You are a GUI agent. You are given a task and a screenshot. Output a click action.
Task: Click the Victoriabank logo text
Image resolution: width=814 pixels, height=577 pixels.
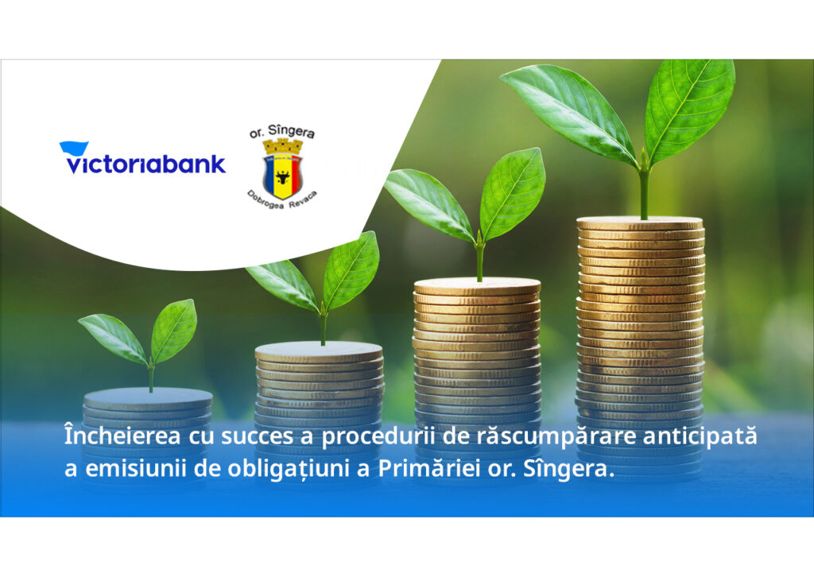(x=146, y=165)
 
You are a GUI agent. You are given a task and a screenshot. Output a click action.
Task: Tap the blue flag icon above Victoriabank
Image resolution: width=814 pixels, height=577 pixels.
(x=74, y=148)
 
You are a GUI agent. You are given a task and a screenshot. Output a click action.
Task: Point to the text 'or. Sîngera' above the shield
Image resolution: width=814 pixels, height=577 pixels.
(x=282, y=132)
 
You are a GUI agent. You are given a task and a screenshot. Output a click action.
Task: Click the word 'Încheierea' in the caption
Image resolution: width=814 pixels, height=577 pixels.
(x=122, y=436)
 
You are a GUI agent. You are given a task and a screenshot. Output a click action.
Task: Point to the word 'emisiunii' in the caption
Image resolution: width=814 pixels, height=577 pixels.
(x=135, y=469)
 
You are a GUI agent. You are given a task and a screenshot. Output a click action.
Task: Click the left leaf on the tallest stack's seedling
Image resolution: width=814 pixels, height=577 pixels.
(x=569, y=114)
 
